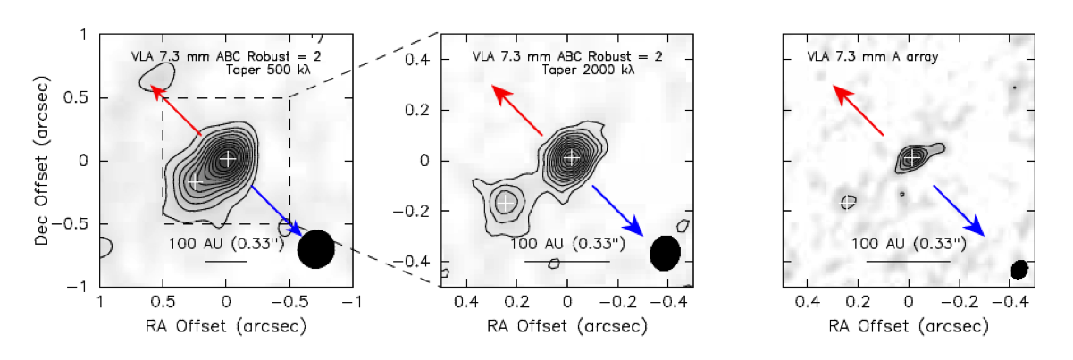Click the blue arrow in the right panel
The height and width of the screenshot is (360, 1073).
click(959, 211)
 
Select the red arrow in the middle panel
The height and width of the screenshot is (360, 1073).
click(516, 111)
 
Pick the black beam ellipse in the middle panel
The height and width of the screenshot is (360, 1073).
click(664, 253)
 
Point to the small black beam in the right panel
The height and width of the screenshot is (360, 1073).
click(1019, 269)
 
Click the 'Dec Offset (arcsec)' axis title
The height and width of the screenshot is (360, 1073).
click(44, 161)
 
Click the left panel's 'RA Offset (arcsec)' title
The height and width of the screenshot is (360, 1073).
click(227, 327)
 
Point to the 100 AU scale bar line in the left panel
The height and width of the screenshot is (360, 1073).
click(226, 261)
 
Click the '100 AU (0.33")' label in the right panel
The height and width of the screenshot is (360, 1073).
click(908, 243)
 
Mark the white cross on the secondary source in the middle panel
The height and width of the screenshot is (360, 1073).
click(506, 202)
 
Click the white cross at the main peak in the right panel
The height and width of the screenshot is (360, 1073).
click(912, 158)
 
